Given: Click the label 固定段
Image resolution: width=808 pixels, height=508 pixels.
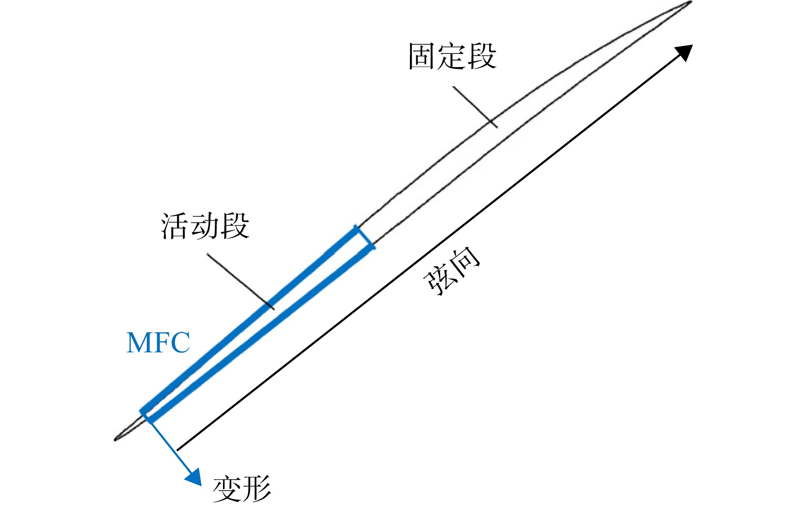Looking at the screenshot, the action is (452, 56).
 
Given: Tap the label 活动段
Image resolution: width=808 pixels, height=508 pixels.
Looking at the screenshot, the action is (205, 226).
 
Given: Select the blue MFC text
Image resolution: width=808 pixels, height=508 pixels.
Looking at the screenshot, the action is (158, 343).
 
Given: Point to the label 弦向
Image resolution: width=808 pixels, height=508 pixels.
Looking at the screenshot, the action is (452, 271).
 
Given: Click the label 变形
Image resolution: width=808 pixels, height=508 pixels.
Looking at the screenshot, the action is (242, 489).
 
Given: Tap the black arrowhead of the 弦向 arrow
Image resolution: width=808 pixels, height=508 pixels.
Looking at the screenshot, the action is (684, 52).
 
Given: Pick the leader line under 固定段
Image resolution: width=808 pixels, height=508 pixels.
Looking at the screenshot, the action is (475, 107).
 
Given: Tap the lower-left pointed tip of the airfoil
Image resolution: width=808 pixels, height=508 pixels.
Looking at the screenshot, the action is (115, 440).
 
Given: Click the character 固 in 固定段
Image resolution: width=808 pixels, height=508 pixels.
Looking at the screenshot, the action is (422, 57).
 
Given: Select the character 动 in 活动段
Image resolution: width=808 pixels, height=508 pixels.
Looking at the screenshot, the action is (205, 226).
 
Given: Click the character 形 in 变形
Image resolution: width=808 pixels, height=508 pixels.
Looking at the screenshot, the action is (257, 489).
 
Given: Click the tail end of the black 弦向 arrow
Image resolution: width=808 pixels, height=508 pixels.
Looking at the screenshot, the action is (177, 450).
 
